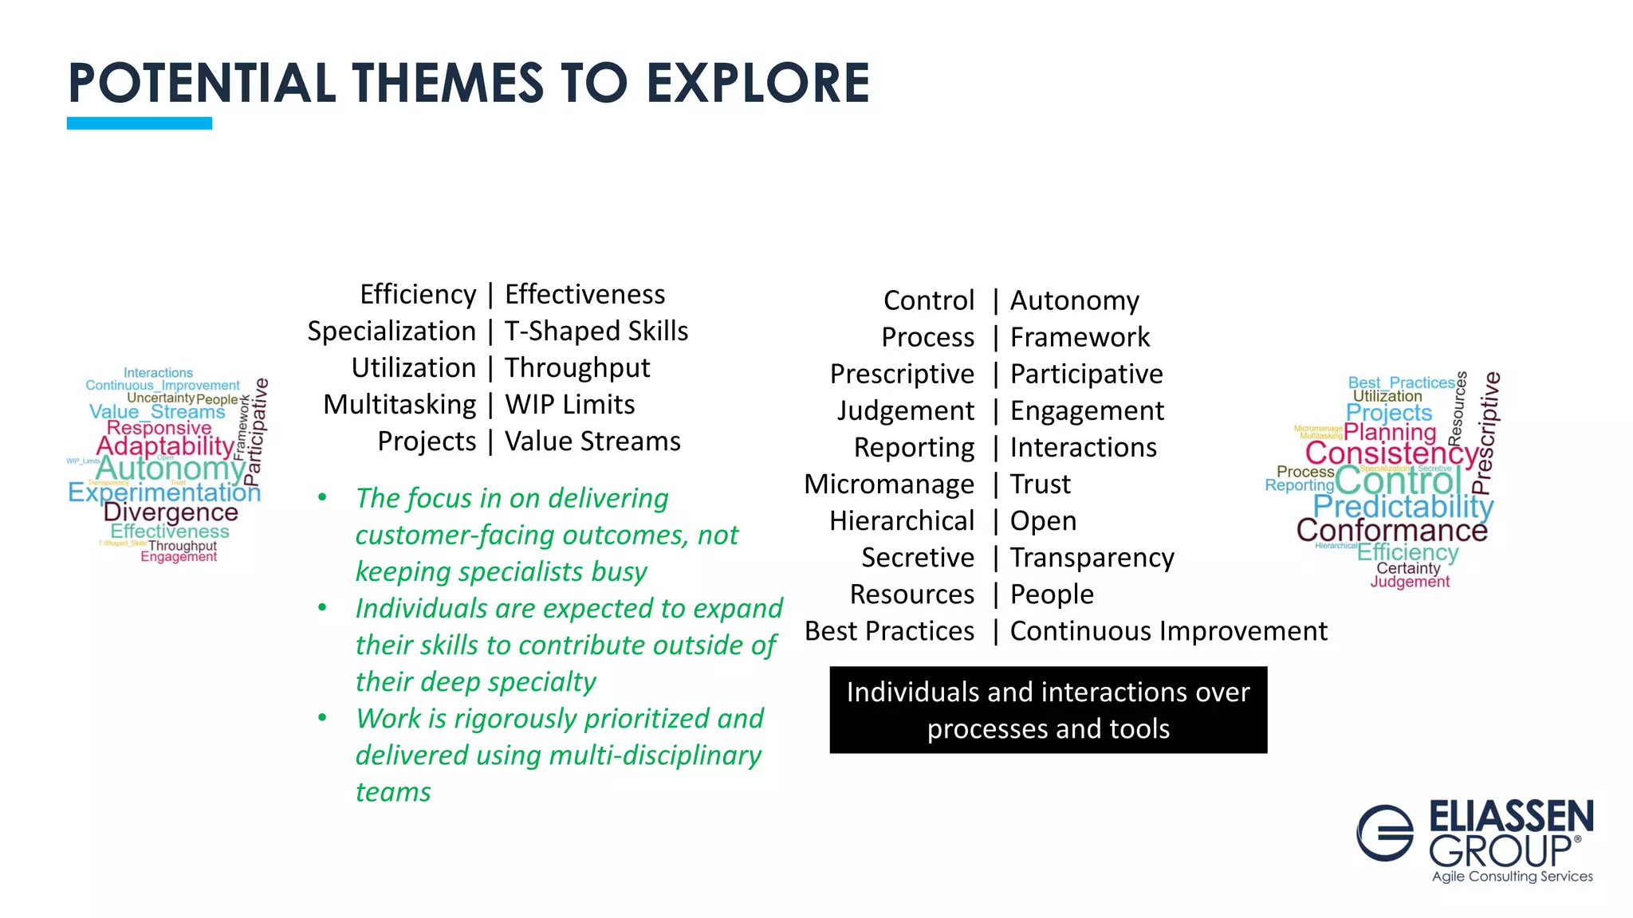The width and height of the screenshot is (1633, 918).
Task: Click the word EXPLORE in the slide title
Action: pyautogui.click(x=757, y=84)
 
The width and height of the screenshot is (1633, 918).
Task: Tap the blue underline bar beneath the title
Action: pyautogui.click(x=140, y=123)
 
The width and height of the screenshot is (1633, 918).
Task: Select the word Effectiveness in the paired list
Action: pyautogui.click(x=584, y=294)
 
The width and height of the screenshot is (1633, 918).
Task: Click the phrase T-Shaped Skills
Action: pyautogui.click(x=596, y=331)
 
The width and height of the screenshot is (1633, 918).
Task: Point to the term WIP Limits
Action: pyautogui.click(x=569, y=404)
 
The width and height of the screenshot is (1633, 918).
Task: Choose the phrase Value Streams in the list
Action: pyautogui.click(x=592, y=441)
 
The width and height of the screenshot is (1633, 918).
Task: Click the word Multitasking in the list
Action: pyautogui.click(x=399, y=404)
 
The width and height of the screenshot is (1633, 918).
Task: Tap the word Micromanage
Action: pyautogui.click(x=889, y=484)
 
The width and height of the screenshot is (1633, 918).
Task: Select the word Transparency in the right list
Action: pyautogui.click(x=1092, y=557)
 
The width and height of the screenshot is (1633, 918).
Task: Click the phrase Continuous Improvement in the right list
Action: pyautogui.click(x=1168, y=630)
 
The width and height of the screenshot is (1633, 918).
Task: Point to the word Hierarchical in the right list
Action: pyautogui.click(x=902, y=520)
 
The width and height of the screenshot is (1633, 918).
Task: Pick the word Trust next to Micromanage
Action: pyautogui.click(x=1040, y=484)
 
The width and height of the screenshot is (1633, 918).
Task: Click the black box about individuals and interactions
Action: pyautogui.click(x=1048, y=710)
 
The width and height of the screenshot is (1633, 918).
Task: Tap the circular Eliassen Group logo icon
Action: pyautogui.click(x=1385, y=833)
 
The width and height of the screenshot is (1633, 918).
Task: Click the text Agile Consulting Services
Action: pyautogui.click(x=1512, y=877)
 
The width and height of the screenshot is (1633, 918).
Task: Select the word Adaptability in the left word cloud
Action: pyautogui.click(x=165, y=446)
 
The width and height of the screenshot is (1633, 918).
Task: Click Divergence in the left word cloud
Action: pyautogui.click(x=171, y=512)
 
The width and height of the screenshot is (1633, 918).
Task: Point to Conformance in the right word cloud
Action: pyautogui.click(x=1391, y=530)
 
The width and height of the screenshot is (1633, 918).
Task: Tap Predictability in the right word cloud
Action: pyautogui.click(x=1403, y=506)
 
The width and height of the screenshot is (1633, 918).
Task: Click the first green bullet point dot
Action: pyautogui.click(x=322, y=498)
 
